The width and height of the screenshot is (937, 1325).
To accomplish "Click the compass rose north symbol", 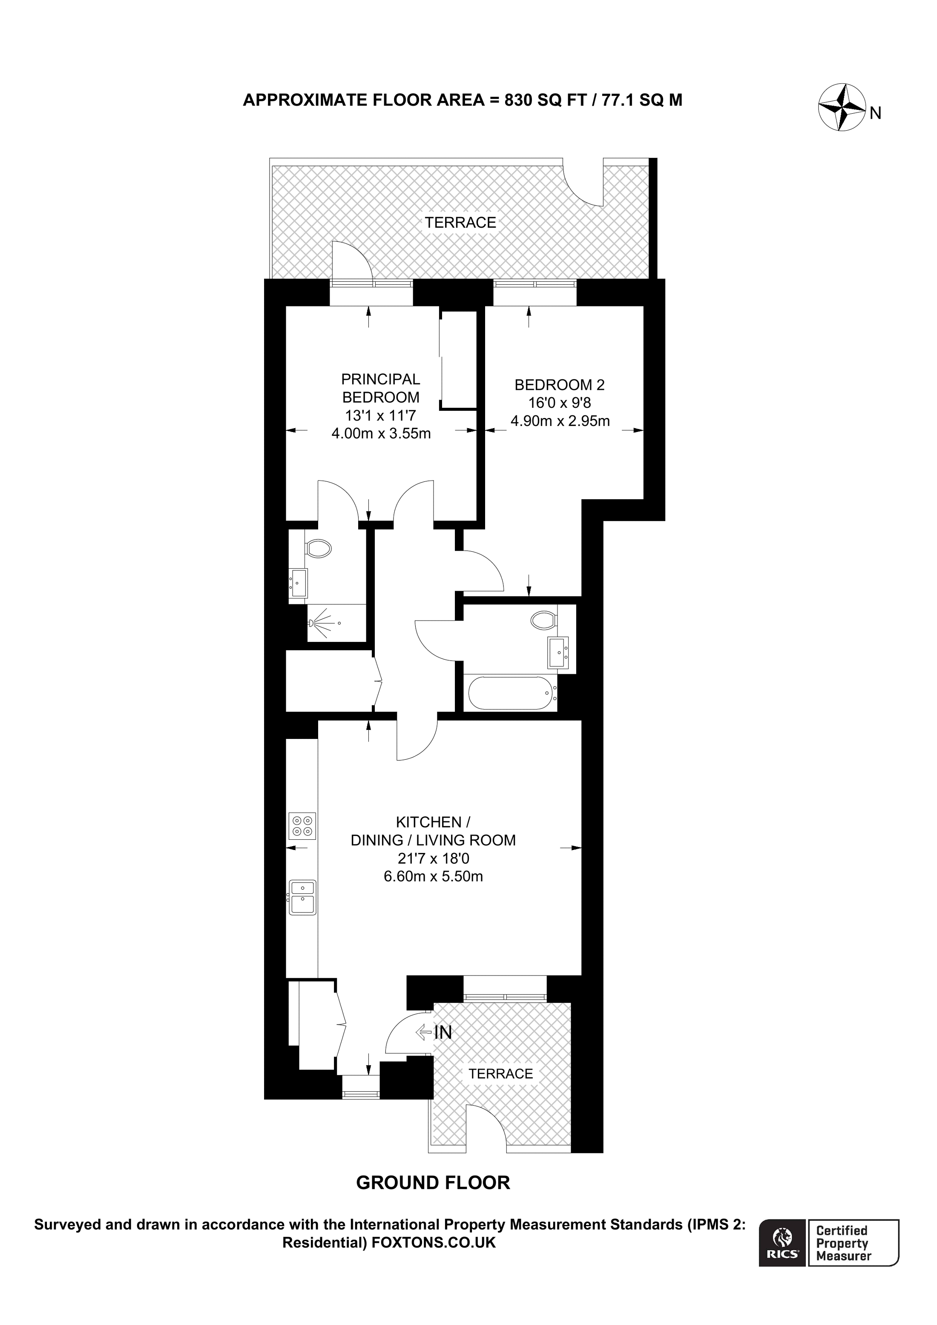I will pos(841,107).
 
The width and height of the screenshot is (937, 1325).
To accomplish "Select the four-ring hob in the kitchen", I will pos(302,826).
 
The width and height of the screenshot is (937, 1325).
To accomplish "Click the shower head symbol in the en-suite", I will pos(315,623).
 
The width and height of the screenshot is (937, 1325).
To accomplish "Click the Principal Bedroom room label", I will pos(380,388).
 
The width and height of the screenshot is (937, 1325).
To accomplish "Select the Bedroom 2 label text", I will pos(559,384).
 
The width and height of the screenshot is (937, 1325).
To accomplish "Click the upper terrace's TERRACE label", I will pos(460,223).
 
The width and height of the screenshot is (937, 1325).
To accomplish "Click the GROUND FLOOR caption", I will pos(433,1182).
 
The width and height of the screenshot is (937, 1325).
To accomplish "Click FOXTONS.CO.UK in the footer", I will pos(433,1242).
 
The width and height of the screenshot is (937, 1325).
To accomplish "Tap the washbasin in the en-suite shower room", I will pos(299,583).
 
